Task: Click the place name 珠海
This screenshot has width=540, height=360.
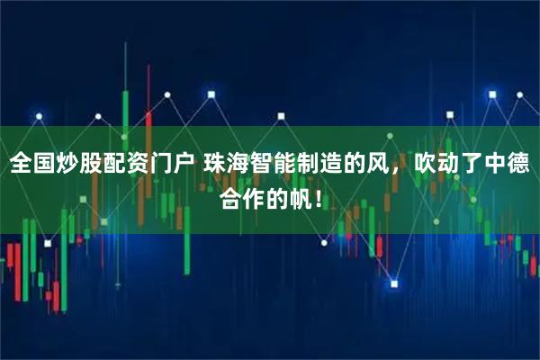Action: [x=226, y=165]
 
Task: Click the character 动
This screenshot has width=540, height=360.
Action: [x=449, y=165]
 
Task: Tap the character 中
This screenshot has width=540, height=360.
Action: [x=497, y=165]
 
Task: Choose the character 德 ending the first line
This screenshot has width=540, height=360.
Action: [x=520, y=165]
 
